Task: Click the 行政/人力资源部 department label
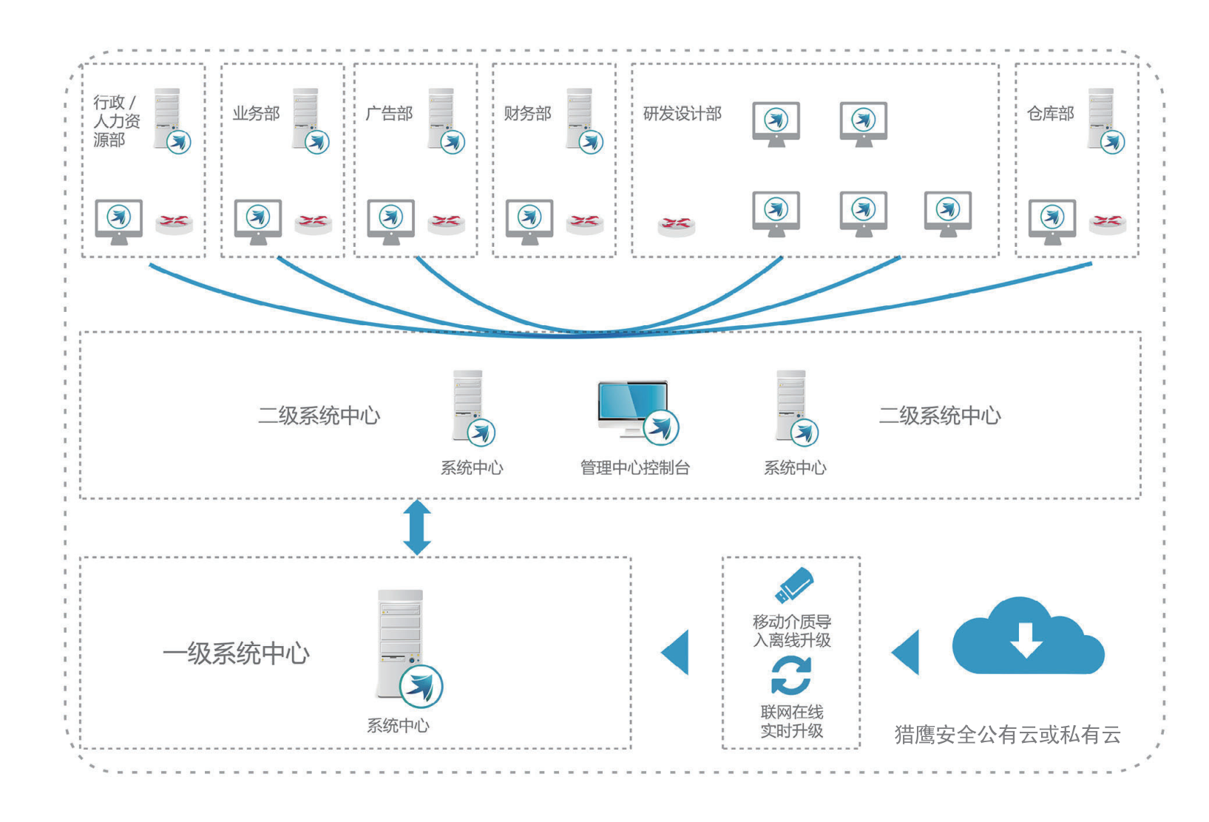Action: click(x=116, y=120)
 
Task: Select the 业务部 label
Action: click(x=256, y=114)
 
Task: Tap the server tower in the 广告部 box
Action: click(x=442, y=118)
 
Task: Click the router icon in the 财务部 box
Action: click(x=584, y=221)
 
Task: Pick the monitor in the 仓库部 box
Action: click(x=1051, y=220)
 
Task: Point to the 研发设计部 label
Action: click(x=682, y=114)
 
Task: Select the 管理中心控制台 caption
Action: click(x=634, y=468)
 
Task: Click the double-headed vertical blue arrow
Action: click(x=417, y=527)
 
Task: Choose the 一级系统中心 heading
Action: click(x=236, y=653)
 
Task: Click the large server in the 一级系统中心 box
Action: click(x=402, y=643)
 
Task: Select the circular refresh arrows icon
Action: click(x=791, y=675)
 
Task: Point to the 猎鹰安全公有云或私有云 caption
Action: click(x=1007, y=735)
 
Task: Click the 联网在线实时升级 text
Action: click(x=792, y=721)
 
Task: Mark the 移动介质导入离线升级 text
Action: click(x=792, y=631)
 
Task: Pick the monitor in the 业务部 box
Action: click(x=257, y=220)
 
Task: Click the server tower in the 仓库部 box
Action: click(x=1102, y=118)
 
